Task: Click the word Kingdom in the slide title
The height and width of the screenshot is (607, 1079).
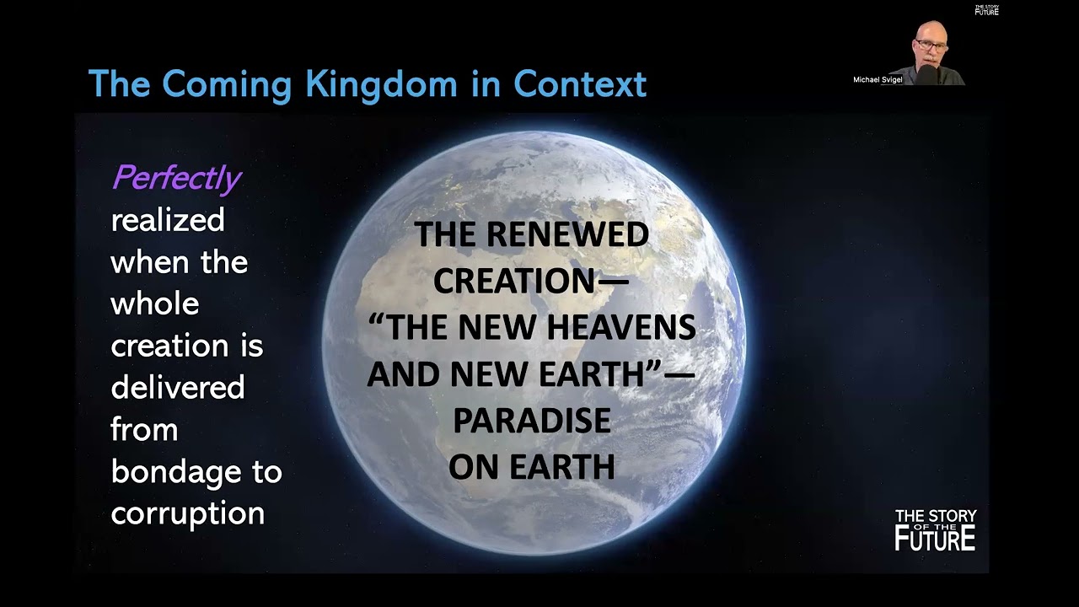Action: tap(381, 85)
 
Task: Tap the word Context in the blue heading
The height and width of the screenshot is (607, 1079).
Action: tap(580, 83)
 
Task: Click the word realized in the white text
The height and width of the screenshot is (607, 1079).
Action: tap(168, 220)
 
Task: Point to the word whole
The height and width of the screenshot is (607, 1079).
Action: tap(154, 303)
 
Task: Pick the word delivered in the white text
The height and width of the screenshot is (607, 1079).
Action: tap(178, 387)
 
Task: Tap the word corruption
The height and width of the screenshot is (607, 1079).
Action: tap(188, 514)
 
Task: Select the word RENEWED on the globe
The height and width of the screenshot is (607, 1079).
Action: tap(567, 234)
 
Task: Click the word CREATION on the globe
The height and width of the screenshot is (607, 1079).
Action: tap(514, 281)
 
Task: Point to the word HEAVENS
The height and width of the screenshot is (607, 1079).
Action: tap(621, 328)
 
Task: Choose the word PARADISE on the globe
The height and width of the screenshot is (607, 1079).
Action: tap(532, 421)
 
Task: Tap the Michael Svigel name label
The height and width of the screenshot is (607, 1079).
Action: tap(878, 79)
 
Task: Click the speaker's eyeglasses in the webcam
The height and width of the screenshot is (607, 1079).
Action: tap(931, 45)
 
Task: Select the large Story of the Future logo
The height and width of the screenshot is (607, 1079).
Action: tap(936, 530)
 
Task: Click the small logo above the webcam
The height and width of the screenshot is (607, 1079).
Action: tap(986, 10)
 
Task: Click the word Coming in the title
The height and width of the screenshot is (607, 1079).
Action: tap(227, 85)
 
